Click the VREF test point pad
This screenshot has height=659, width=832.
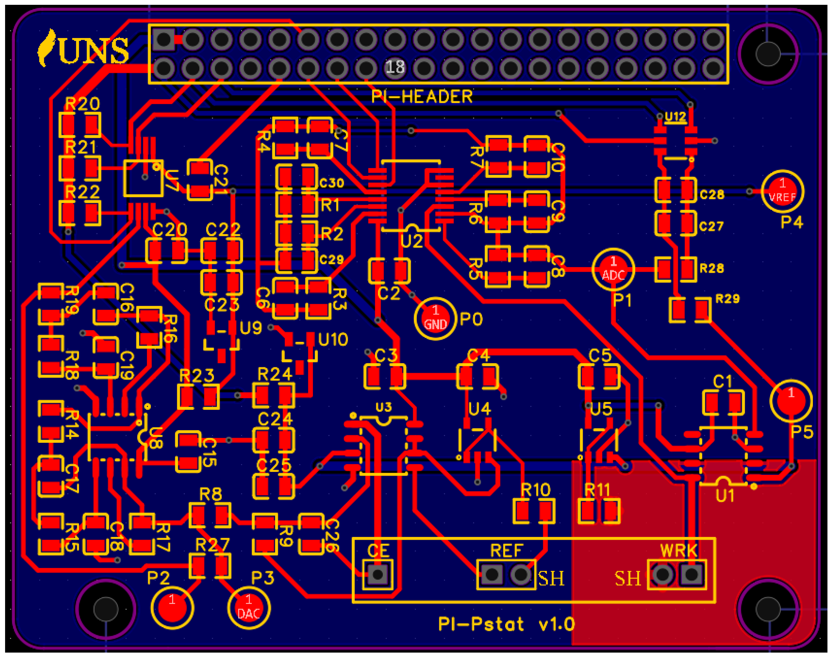[782, 191]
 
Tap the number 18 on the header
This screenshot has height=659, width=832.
[395, 67]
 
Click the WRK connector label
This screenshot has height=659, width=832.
[678, 551]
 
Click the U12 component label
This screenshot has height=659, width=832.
[675, 116]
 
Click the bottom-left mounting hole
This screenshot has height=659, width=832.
[105, 609]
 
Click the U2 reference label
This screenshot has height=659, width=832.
[412, 241]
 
